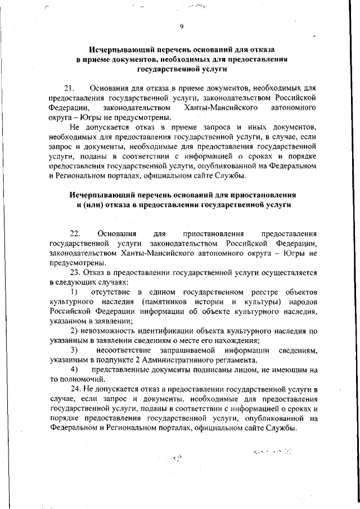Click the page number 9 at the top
pyautogui.click(x=182, y=26)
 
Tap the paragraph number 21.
pyautogui.click(x=70, y=88)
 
